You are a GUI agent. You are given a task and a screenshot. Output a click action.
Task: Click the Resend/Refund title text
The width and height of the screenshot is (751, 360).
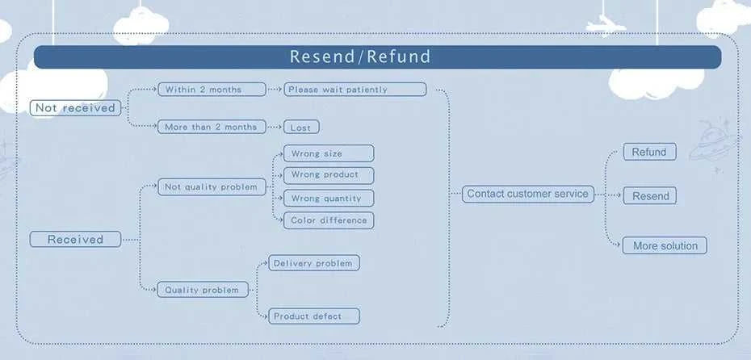tap(360, 57)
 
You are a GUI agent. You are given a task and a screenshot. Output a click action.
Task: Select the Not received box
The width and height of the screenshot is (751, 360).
tap(75, 107)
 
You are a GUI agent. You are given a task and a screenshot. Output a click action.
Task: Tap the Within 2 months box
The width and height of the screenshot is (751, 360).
tap(212, 90)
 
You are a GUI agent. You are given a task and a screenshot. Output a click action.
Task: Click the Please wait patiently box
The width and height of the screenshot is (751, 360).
tap(355, 90)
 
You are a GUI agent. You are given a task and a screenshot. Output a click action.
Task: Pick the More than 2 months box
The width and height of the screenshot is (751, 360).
tap(212, 127)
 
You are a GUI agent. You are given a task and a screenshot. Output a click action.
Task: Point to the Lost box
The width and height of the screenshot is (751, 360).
tap(301, 128)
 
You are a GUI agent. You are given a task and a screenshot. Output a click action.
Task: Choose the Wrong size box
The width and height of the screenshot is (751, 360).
tap(329, 153)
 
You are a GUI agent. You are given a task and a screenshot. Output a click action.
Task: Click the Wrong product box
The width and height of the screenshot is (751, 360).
tap(329, 175)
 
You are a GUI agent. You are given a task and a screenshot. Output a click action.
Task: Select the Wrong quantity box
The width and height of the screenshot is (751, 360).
tap(329, 199)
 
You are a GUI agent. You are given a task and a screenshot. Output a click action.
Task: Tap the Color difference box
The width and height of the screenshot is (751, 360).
tap(329, 220)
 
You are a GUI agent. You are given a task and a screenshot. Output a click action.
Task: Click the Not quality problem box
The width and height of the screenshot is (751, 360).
tap(212, 186)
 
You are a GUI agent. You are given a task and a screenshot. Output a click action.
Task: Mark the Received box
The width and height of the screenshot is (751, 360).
tap(75, 240)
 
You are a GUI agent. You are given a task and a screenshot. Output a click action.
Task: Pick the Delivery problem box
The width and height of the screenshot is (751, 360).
tap(313, 263)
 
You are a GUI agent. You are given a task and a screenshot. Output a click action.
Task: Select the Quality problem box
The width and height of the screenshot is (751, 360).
tap(203, 290)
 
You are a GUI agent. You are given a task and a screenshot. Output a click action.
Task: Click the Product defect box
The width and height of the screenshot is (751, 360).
tap(313, 316)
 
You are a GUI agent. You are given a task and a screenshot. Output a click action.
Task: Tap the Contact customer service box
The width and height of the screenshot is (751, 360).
tap(528, 194)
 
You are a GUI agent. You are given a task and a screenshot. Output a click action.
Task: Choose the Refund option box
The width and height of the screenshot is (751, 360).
tap(649, 152)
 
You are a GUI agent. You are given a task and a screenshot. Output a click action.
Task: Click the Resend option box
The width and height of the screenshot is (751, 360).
tap(649, 196)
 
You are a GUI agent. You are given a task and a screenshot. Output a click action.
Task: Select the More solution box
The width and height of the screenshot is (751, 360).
tap(665, 245)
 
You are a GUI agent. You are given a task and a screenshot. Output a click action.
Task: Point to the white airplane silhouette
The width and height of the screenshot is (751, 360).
tap(606, 24)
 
